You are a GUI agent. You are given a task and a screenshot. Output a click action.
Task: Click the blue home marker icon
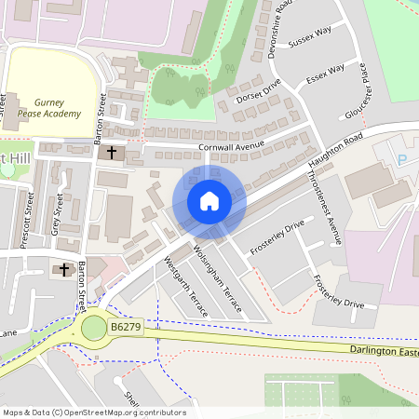pyautogui.click(x=209, y=201)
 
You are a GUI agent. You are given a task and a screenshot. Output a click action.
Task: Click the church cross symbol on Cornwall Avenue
pyautogui.click(x=112, y=151)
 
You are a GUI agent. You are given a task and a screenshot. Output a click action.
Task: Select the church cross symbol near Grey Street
pyautogui.click(x=64, y=270)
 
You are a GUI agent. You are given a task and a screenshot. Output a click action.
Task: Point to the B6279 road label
pyautogui.click(x=127, y=329)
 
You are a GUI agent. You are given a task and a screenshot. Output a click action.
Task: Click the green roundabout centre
pyautogui.click(x=94, y=328)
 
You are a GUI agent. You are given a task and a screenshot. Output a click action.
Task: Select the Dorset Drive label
pyautogui.click(x=258, y=89)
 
